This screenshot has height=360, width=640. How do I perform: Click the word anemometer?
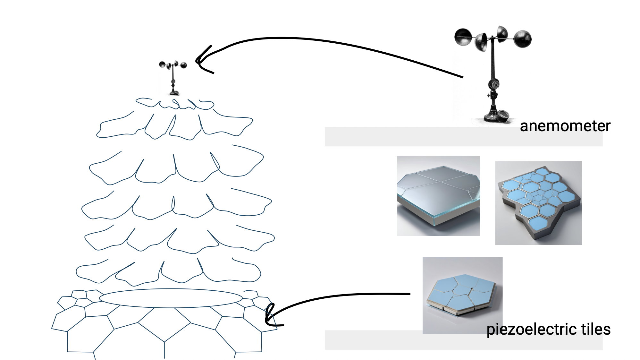(x=565, y=126)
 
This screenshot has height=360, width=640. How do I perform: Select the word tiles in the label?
(x=595, y=330)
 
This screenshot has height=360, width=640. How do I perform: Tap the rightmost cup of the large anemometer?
(x=523, y=39)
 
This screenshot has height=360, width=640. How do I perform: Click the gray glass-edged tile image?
(x=438, y=196)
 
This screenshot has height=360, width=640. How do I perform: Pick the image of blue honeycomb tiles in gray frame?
(x=538, y=203)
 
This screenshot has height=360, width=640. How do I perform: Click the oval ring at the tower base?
(x=171, y=298)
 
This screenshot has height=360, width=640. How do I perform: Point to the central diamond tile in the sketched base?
(x=164, y=324)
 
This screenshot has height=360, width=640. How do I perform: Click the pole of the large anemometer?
(x=493, y=64)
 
